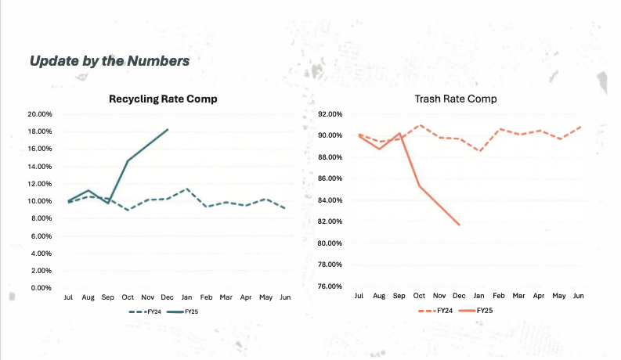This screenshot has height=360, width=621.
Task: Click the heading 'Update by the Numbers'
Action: point(109,60)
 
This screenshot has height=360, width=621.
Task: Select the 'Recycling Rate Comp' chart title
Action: point(163,99)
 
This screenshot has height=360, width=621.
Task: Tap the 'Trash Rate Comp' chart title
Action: point(456,99)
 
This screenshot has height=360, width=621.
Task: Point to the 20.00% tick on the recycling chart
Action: point(39,114)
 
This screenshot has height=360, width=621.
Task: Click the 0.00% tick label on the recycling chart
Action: point(41,288)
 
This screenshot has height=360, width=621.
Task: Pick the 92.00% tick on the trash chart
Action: point(330,114)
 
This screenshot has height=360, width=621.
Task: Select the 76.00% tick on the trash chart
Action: point(330,286)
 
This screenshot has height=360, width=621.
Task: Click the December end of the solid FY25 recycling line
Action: point(167,129)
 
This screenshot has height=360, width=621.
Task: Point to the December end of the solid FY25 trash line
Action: point(459,225)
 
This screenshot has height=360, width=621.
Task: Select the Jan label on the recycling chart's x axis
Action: point(186,298)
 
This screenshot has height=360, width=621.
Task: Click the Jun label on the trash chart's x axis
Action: point(579,297)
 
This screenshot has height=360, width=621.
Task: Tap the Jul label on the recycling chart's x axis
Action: point(69,298)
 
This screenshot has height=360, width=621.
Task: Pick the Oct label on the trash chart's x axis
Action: point(419,297)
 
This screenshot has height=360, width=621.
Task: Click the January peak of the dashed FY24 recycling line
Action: point(186,189)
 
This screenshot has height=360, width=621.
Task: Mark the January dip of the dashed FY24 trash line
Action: point(479,150)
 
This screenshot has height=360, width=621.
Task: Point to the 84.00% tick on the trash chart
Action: point(330,200)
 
